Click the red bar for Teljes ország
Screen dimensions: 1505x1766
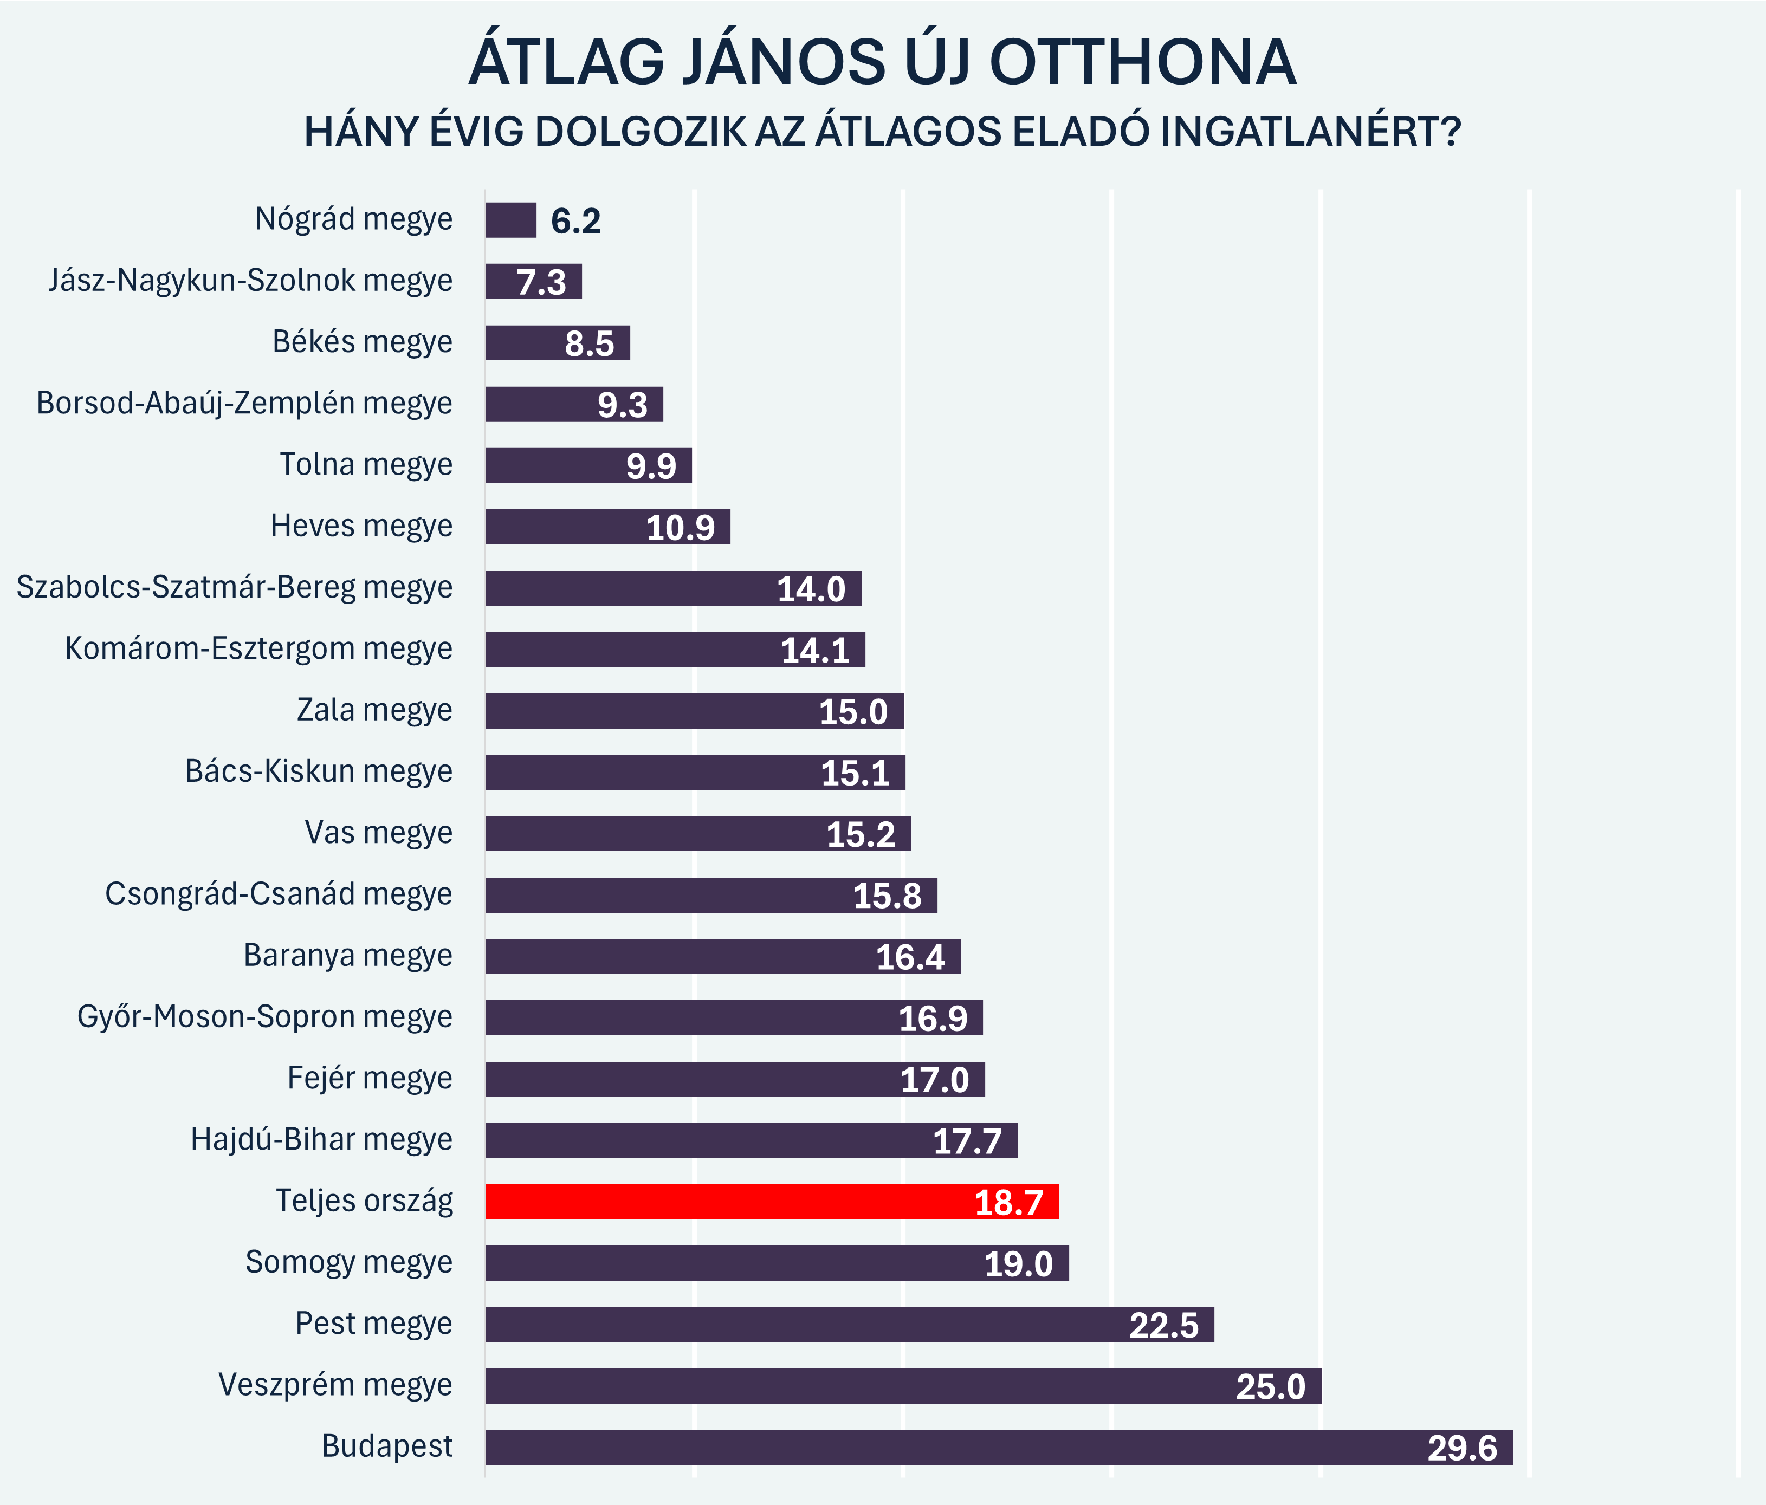coord(771,1202)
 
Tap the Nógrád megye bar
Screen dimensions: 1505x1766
coord(510,220)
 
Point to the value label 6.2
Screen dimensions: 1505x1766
coord(576,222)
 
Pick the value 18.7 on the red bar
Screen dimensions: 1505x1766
coord(1008,1203)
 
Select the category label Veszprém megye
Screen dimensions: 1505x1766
coord(335,1385)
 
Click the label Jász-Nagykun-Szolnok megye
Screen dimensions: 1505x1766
coord(250,281)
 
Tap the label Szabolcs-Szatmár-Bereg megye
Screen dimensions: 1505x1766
coord(235,587)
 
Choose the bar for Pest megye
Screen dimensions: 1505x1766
coord(850,1325)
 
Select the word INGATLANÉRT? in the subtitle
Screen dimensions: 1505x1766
coord(1311,132)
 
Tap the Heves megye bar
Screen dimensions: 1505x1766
coord(607,527)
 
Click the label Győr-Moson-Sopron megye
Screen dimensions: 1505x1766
coord(264,1017)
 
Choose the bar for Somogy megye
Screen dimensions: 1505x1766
coord(777,1263)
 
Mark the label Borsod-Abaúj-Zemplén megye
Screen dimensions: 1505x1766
coord(244,403)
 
